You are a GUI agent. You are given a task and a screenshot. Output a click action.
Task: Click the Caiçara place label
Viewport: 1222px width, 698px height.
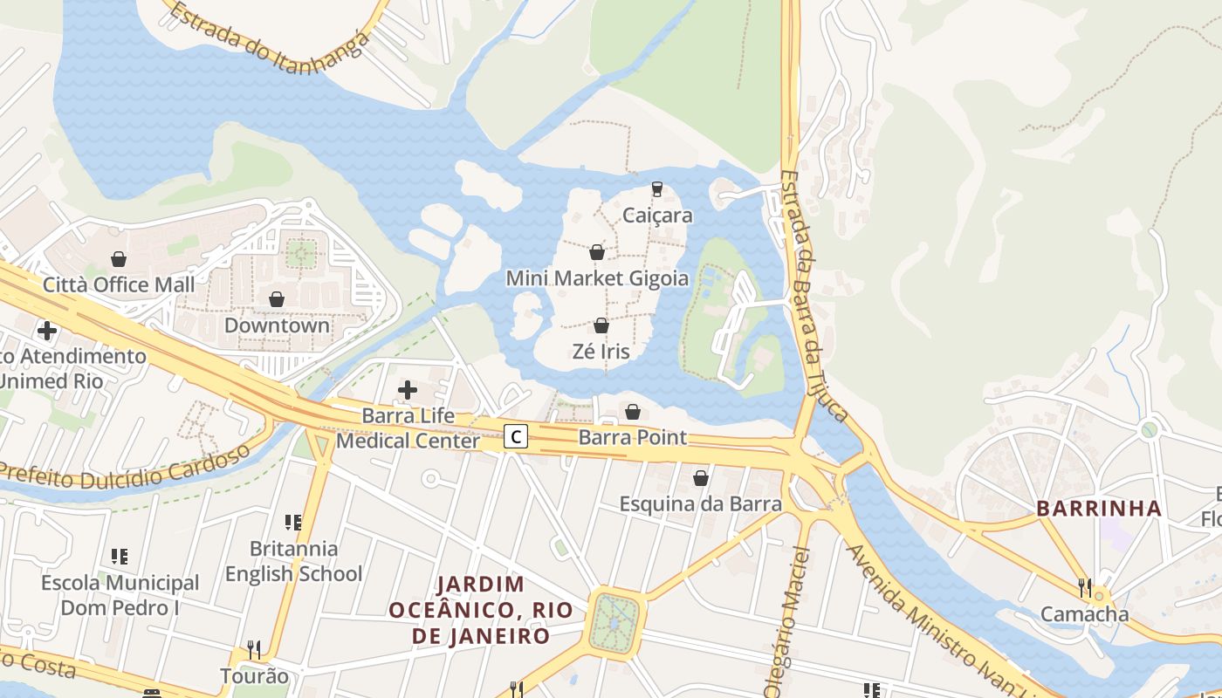(658, 216)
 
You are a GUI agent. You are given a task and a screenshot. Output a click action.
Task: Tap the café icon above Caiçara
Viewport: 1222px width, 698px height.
(657, 188)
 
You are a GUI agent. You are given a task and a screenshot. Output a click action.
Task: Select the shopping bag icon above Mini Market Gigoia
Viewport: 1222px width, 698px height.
(597, 252)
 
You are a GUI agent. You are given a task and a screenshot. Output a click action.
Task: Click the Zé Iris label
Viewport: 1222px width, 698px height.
(601, 352)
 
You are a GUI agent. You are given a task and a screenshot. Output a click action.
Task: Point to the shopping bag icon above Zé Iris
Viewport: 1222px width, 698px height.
(601, 325)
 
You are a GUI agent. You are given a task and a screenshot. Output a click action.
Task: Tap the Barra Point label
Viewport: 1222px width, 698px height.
(633, 437)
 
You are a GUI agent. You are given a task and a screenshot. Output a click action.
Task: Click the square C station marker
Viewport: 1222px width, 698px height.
(517, 436)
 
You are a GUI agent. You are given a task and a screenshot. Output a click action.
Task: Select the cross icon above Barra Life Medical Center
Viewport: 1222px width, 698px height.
(407, 390)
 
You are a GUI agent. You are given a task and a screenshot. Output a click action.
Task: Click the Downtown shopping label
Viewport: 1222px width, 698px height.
(277, 325)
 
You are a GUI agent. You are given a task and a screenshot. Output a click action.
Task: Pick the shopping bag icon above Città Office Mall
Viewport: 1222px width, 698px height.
(119, 259)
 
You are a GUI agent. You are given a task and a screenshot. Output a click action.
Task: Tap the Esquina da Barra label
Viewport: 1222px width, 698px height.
(700, 503)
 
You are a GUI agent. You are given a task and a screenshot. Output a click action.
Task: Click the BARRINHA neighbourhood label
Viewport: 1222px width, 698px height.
(1099, 508)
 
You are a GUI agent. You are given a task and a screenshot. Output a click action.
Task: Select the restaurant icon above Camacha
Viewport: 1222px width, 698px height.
(1084, 587)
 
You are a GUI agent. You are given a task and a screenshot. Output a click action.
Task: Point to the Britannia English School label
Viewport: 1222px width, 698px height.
(293, 561)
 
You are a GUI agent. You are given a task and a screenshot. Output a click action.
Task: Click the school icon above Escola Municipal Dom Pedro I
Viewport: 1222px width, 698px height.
(120, 556)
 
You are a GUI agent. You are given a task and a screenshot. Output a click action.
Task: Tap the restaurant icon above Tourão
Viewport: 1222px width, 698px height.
(254, 649)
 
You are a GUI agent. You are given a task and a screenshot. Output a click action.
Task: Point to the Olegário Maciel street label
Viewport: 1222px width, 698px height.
(787, 619)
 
